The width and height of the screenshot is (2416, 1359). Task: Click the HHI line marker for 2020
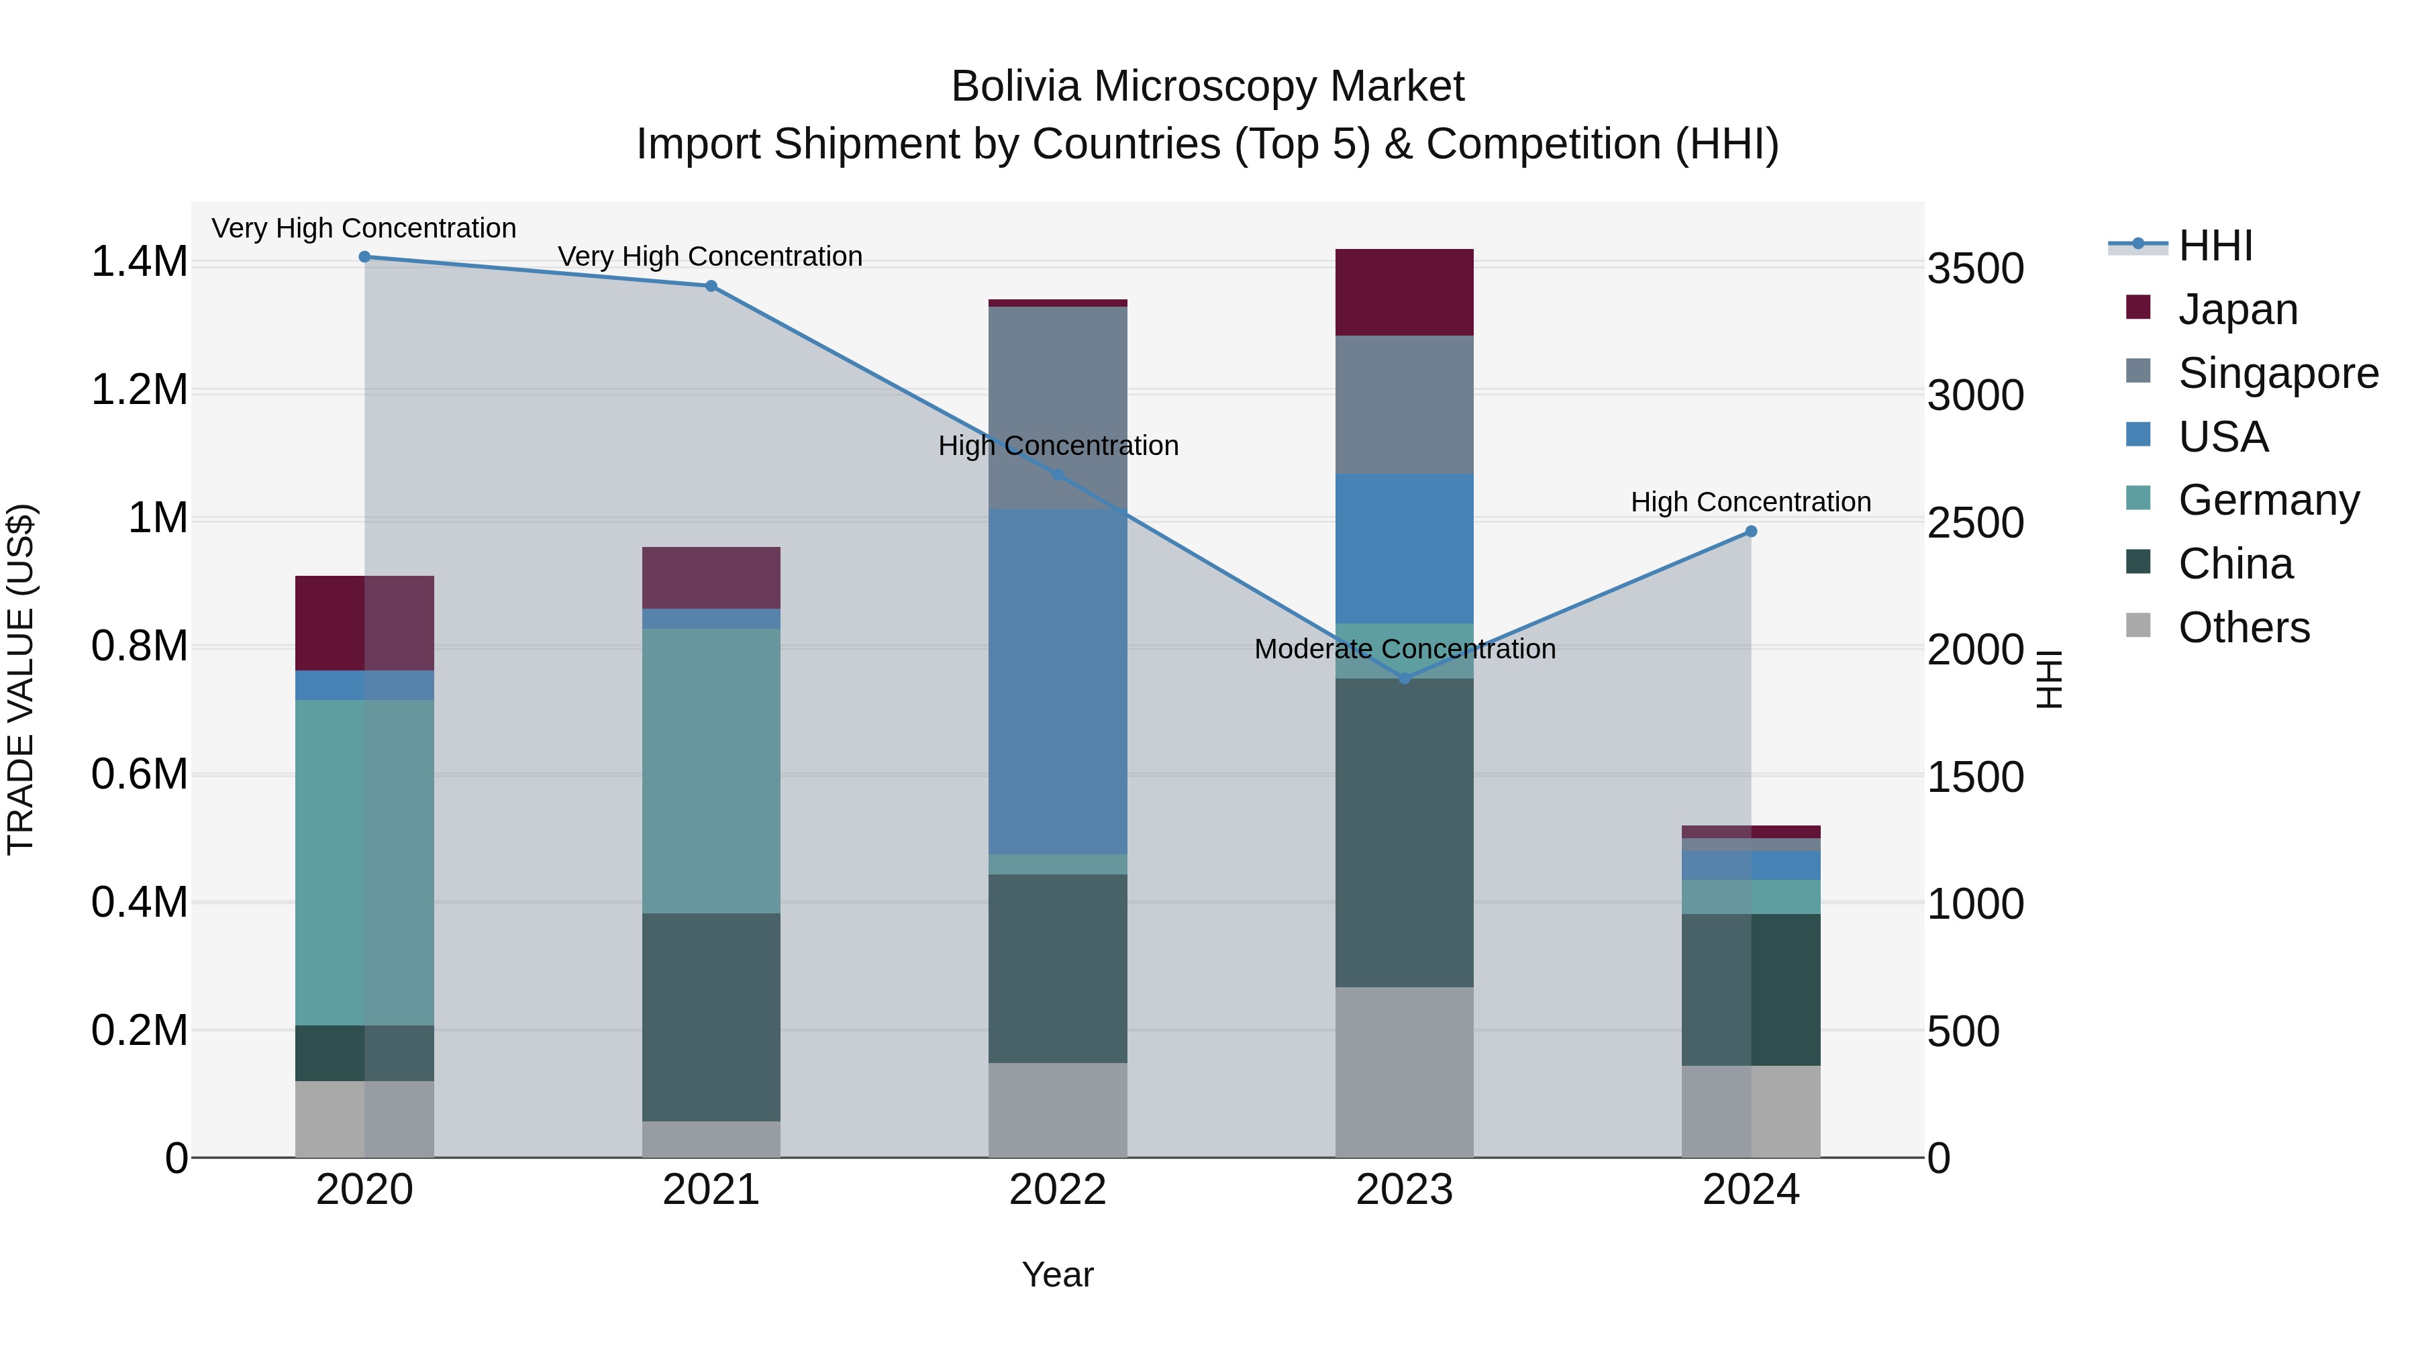pyautogui.click(x=365, y=257)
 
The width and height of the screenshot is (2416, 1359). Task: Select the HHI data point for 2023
pyautogui.click(x=1404, y=678)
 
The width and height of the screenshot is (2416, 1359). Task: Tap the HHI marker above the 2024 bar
pyautogui.click(x=1751, y=532)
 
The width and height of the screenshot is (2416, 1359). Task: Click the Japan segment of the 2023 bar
pyautogui.click(x=1404, y=293)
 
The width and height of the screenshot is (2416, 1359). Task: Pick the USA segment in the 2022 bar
pyautogui.click(x=1058, y=682)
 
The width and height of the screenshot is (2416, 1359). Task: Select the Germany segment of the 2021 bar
pyautogui.click(x=711, y=771)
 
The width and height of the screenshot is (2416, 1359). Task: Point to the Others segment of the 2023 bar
pyautogui.click(x=1404, y=1072)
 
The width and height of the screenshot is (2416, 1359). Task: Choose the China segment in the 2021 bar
pyautogui.click(x=711, y=1017)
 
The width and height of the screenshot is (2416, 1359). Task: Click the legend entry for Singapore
pyautogui.click(x=2277, y=372)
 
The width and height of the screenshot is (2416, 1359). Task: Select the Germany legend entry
pyautogui.click(x=2268, y=500)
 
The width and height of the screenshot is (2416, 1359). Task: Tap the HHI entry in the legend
pyautogui.click(x=2215, y=246)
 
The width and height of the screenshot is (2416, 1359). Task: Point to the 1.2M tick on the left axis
pyautogui.click(x=140, y=390)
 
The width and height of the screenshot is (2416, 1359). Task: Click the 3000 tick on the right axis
pyautogui.click(x=1975, y=396)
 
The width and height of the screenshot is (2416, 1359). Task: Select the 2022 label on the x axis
pyautogui.click(x=1058, y=1190)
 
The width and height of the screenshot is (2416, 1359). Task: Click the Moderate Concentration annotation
pyautogui.click(x=1404, y=649)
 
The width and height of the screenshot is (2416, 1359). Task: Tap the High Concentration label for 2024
pyautogui.click(x=1750, y=503)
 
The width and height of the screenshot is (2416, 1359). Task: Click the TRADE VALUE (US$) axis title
pyautogui.click(x=21, y=679)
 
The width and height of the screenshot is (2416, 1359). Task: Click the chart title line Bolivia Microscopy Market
pyautogui.click(x=1207, y=87)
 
